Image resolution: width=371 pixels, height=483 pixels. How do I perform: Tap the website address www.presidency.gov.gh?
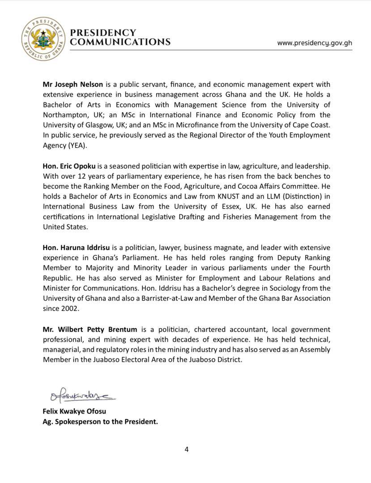click(x=314, y=43)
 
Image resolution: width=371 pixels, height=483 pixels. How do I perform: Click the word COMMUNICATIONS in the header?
click(x=120, y=42)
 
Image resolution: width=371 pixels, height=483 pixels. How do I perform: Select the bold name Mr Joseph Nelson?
click(x=73, y=84)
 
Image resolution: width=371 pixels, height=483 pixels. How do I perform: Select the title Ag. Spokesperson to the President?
click(x=100, y=421)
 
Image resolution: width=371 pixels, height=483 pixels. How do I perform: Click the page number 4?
click(x=186, y=449)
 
